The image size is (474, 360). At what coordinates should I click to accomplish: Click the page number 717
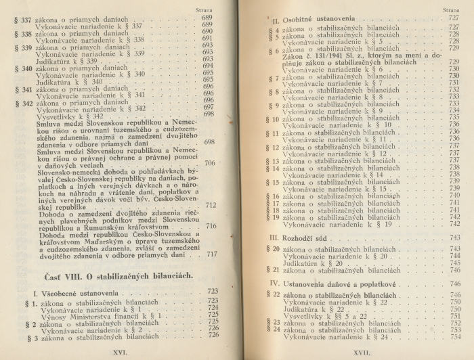coord(211,254)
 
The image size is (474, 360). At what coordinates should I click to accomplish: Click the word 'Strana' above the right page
coord(453,12)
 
